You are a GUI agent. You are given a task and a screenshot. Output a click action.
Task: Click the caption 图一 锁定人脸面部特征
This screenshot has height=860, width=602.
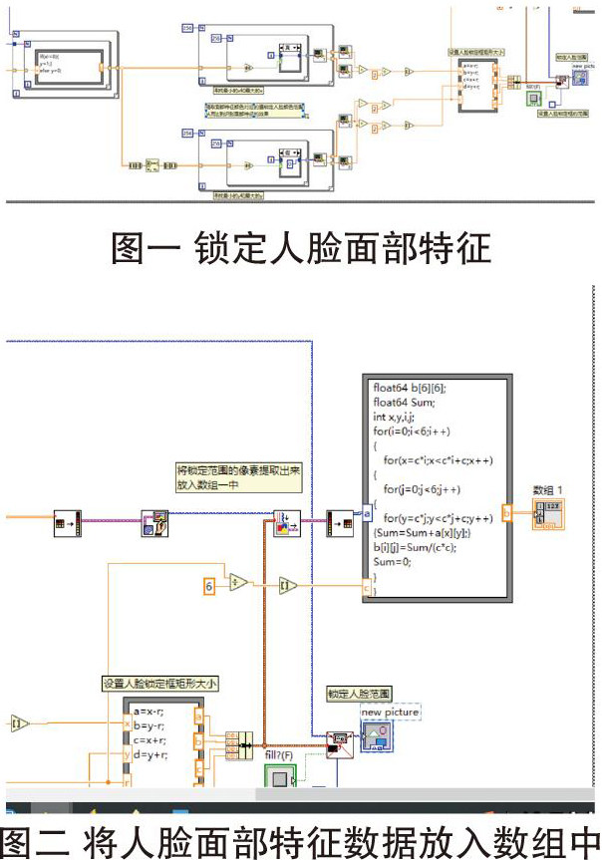[x=300, y=245]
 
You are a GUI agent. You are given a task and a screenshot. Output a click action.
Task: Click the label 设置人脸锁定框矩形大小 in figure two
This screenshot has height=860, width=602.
[x=160, y=684]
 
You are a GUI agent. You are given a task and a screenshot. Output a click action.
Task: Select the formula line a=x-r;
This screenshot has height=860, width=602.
[x=150, y=713]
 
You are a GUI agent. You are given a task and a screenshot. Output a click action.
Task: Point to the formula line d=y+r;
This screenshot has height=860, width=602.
[x=150, y=755]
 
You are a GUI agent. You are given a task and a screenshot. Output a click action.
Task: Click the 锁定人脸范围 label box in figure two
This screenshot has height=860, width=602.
[x=360, y=692]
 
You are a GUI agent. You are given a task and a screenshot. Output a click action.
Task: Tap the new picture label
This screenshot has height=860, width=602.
[x=390, y=712]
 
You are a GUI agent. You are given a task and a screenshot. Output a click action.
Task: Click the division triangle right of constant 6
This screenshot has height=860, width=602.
[x=238, y=583]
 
